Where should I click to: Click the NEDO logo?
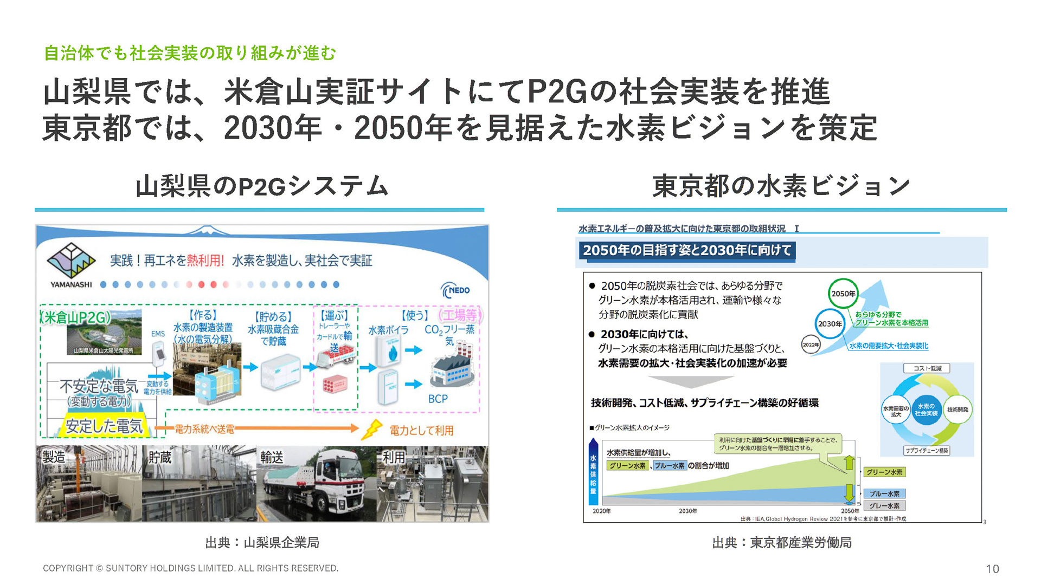tap(455, 290)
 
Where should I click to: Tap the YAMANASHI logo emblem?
tap(71, 261)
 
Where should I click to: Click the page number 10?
tap(992, 569)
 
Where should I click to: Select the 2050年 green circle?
tap(843, 294)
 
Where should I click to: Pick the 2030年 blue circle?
tap(830, 323)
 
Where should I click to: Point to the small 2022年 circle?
tap(811, 344)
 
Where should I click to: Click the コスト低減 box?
tap(927, 368)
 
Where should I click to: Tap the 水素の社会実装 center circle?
tap(926, 409)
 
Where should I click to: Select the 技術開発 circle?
tap(958, 410)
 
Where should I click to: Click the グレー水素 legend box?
tap(884, 505)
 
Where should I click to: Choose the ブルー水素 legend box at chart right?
tap(884, 493)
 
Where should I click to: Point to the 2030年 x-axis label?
tap(687, 511)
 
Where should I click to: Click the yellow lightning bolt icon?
tap(372, 430)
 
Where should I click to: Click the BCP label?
tap(438, 399)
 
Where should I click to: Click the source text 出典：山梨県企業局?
tap(262, 542)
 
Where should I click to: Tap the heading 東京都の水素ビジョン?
tap(781, 186)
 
